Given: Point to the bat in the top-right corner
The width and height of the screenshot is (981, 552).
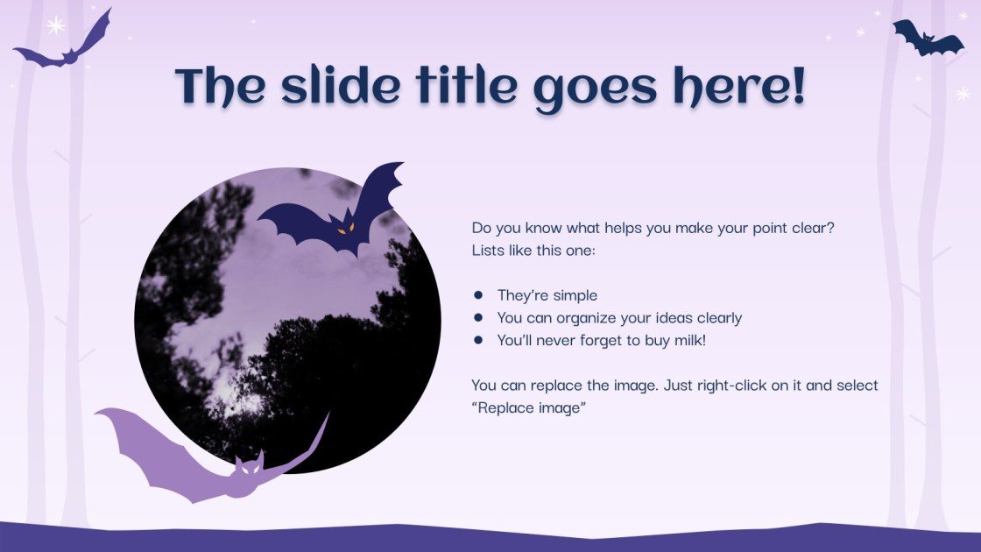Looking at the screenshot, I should [x=927, y=39].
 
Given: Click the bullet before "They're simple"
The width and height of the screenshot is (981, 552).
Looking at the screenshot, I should [x=478, y=295].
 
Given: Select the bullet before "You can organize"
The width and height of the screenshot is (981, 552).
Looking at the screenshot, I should [x=478, y=318].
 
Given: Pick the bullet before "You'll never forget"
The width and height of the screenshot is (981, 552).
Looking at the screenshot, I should [x=478, y=341].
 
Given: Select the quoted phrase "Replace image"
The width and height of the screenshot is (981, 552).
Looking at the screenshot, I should [x=528, y=409].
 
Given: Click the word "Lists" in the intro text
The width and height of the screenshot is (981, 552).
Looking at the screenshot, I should [x=489, y=251].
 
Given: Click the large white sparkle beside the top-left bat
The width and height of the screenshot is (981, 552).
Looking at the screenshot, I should [x=56, y=25].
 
